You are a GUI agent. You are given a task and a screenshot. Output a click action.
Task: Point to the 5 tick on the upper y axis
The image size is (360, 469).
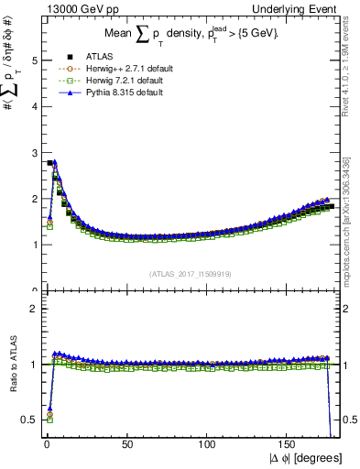(32, 61)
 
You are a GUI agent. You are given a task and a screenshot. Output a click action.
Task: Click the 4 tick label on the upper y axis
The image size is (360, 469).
(32, 107)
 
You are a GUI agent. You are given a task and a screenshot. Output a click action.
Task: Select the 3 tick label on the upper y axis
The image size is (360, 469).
(32, 153)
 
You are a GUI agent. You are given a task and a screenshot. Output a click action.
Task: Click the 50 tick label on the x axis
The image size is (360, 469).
(127, 445)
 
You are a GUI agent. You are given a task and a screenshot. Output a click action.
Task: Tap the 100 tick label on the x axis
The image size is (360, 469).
(208, 445)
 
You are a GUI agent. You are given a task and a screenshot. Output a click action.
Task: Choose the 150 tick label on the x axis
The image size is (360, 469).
(289, 445)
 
